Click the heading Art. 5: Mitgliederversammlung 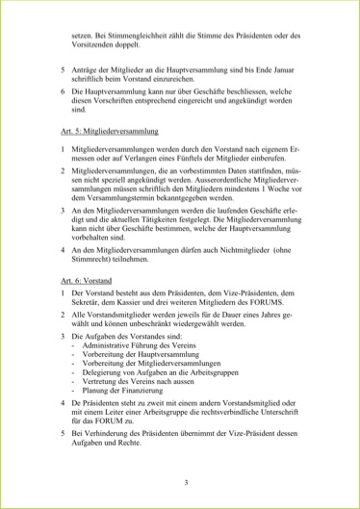(109, 129)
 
